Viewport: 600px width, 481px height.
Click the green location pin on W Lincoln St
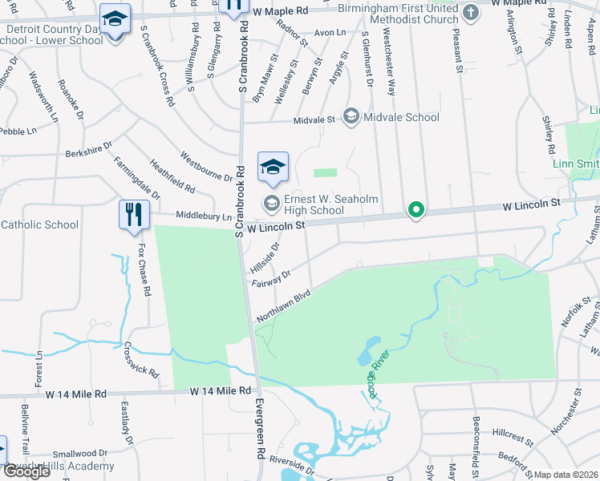click(x=416, y=211)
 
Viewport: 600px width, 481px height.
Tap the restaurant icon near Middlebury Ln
click(x=133, y=215)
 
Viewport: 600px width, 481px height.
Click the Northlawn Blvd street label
click(x=283, y=306)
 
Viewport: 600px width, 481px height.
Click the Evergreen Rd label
click(x=261, y=428)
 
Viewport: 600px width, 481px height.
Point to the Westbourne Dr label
click(x=206, y=166)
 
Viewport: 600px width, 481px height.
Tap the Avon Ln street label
click(x=329, y=33)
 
